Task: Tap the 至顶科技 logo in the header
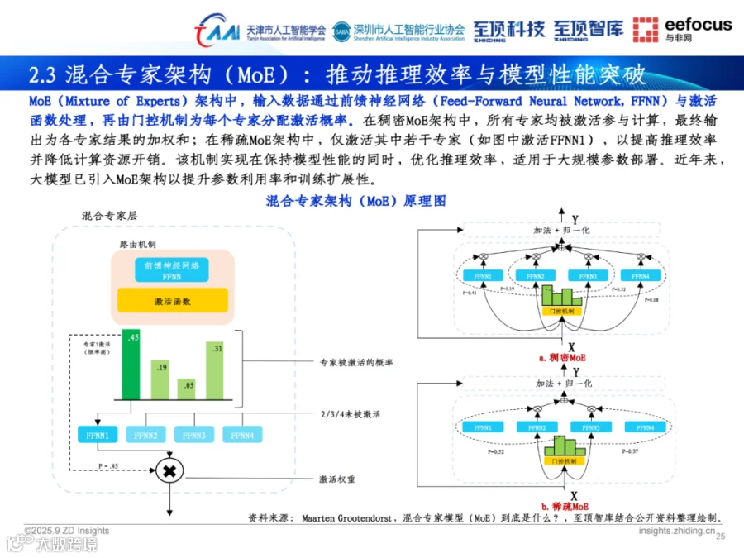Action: tap(508, 30)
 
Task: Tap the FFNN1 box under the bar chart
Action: tap(98, 435)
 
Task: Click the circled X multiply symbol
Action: tap(170, 471)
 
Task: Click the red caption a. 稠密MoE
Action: tap(562, 358)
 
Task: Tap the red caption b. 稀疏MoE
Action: tap(562, 505)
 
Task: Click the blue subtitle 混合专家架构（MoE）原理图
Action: tap(355, 201)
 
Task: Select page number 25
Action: tap(719, 537)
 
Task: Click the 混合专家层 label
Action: tap(109, 215)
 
